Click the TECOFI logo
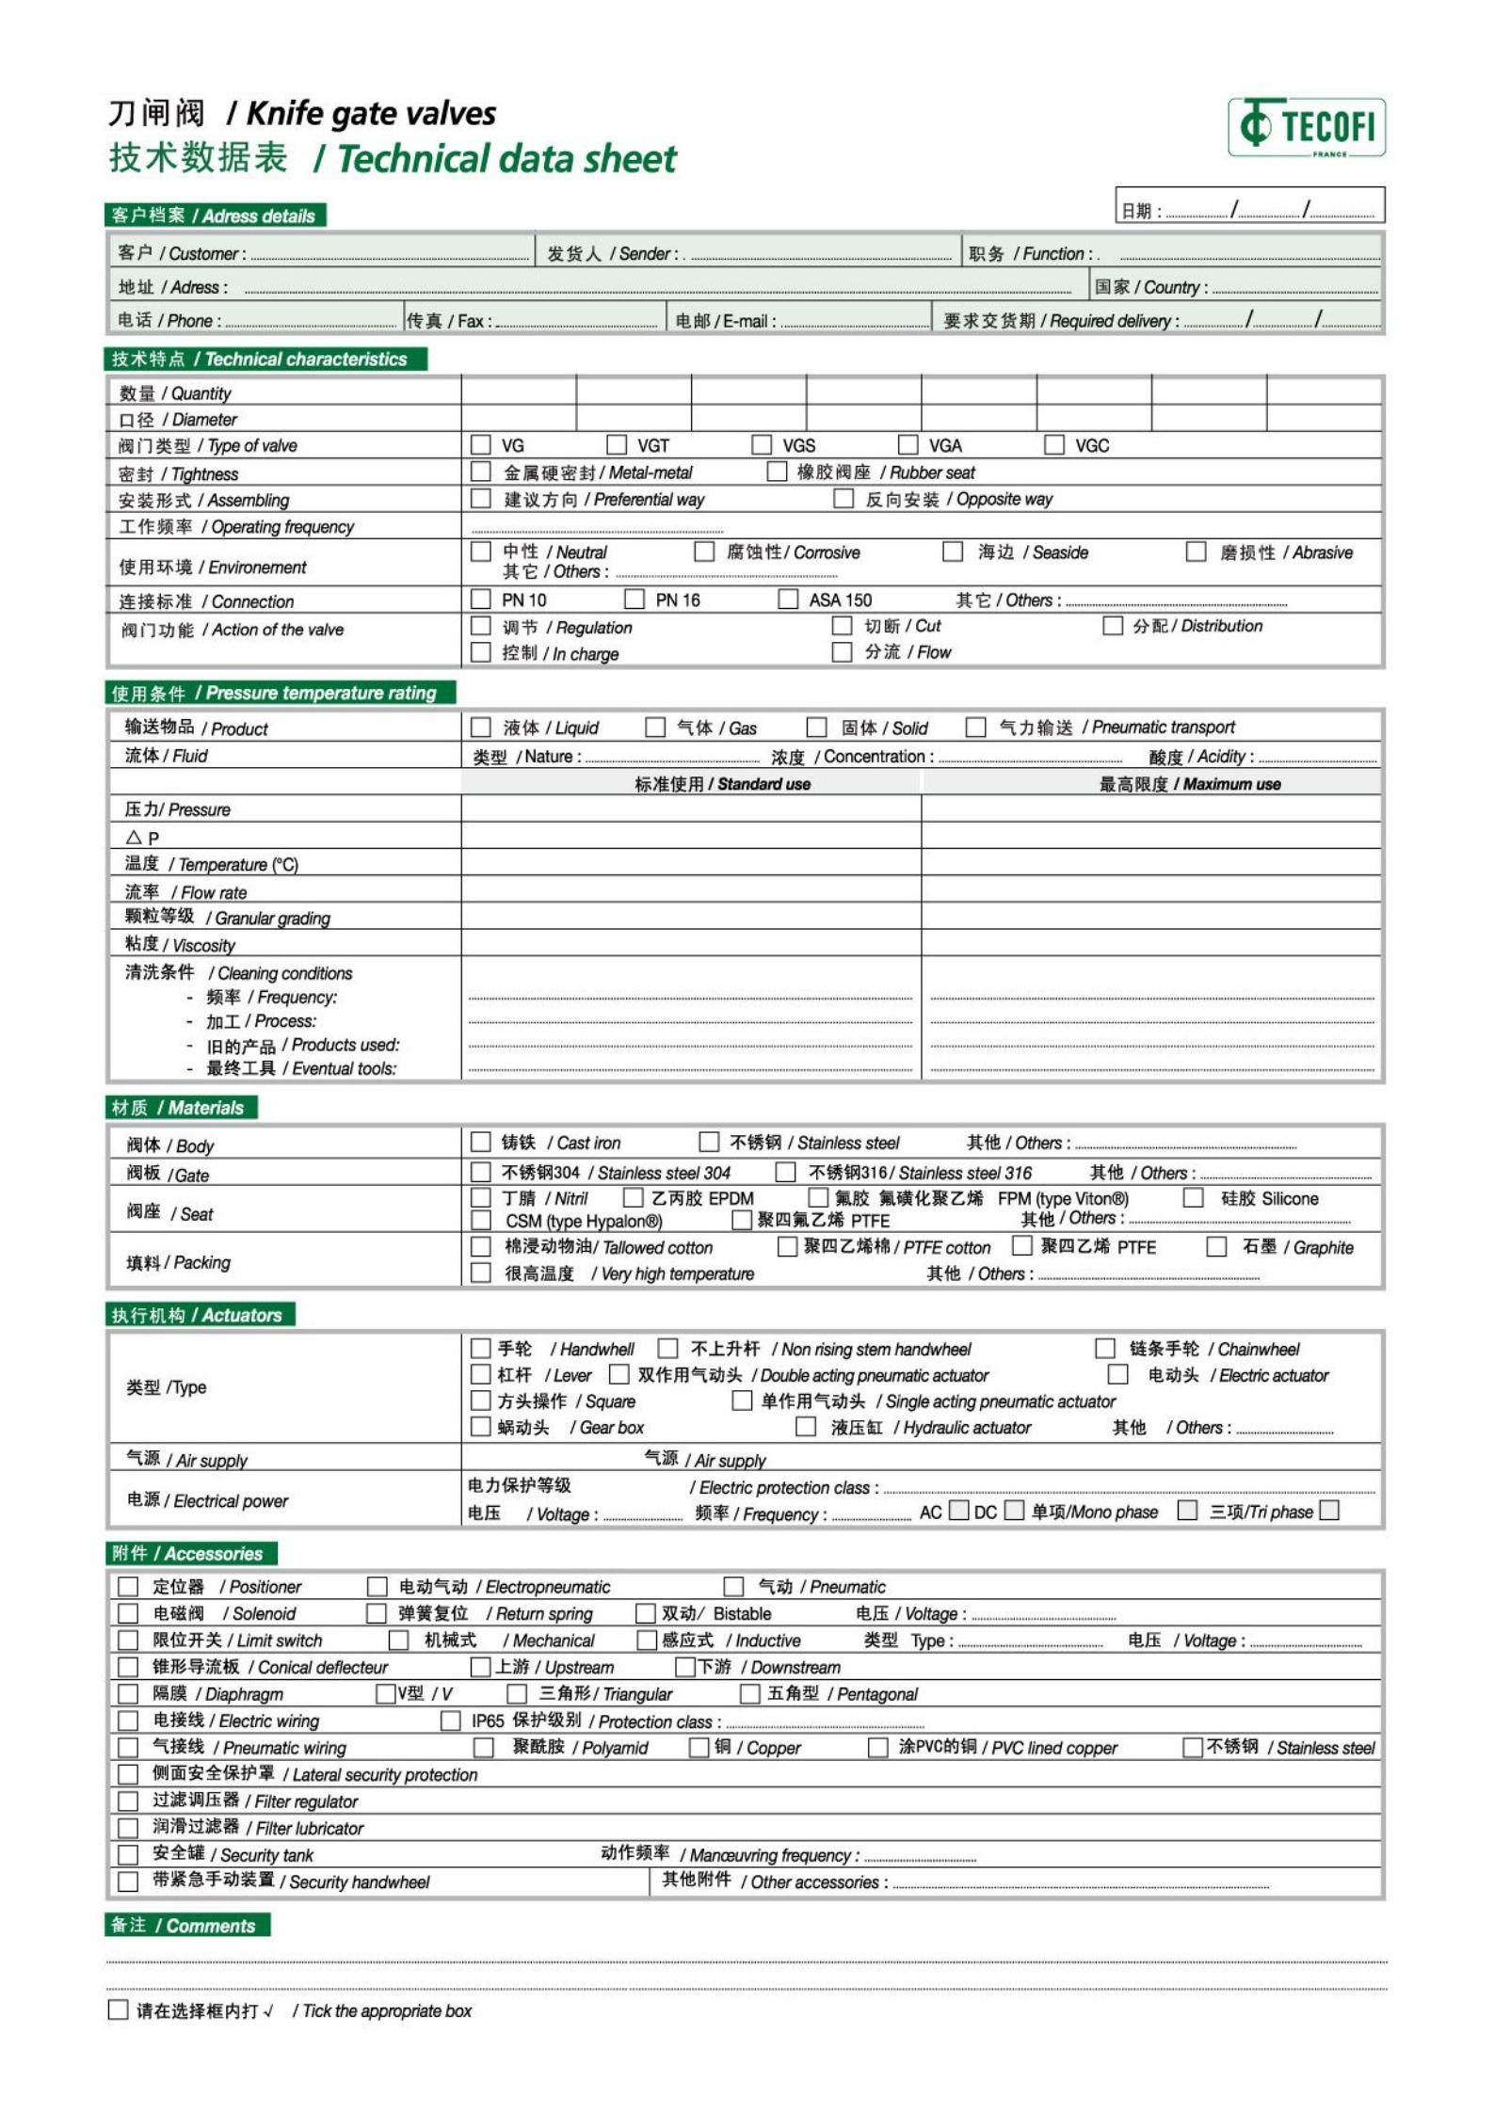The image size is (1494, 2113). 1306,127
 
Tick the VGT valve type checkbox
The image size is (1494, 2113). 617,444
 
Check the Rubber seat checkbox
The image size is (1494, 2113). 777,471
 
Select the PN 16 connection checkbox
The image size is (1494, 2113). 635,599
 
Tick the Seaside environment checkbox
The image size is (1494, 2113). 953,551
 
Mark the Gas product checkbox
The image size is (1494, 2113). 655,727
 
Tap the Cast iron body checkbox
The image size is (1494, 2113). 481,1142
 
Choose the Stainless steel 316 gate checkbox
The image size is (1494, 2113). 785,1172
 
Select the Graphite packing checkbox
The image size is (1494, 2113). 1216,1246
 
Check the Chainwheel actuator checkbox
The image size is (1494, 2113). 1105,1348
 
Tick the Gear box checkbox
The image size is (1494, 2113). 481,1427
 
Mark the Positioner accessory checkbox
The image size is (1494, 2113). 128,1587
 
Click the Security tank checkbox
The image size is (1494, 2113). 128,1854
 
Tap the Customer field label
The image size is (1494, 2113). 182,253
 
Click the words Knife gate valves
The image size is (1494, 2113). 371,114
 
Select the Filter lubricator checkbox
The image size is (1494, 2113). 128,1828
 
